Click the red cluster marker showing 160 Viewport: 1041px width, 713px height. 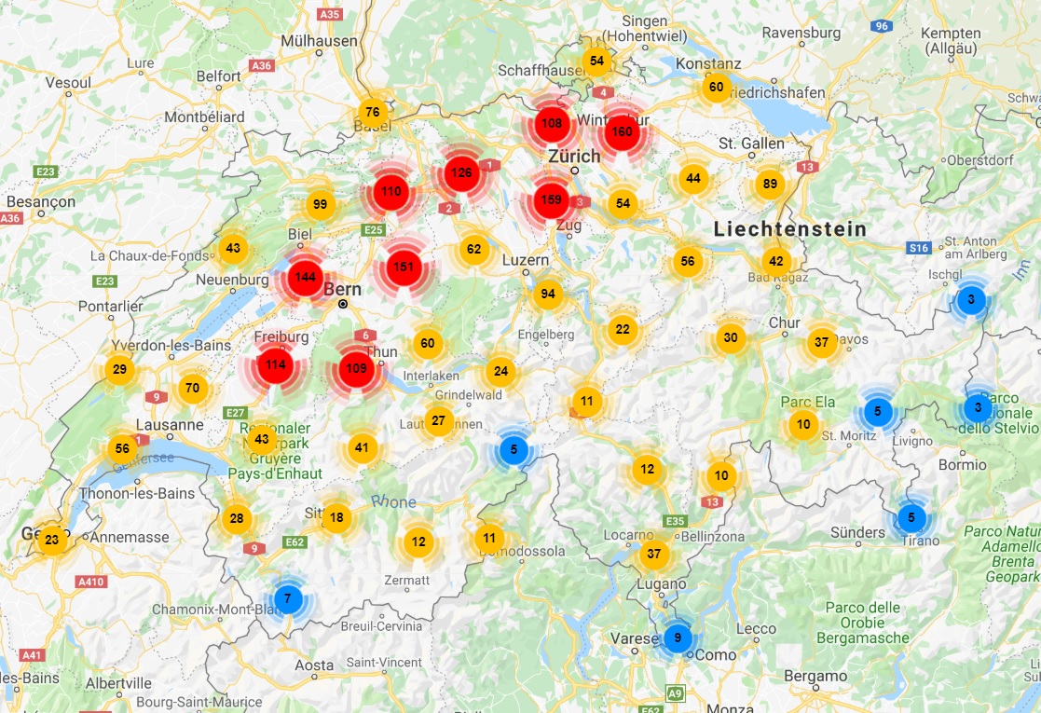(x=621, y=131)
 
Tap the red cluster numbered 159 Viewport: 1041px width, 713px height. (x=551, y=199)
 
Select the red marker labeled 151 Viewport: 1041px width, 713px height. (x=404, y=267)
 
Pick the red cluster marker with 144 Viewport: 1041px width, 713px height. (x=305, y=277)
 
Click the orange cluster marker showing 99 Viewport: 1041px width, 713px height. (x=320, y=205)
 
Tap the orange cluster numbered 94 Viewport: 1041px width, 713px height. (x=548, y=295)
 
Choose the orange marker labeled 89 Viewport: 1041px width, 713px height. (x=769, y=184)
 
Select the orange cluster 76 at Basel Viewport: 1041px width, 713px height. (x=372, y=113)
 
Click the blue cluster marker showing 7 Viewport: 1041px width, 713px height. (x=288, y=597)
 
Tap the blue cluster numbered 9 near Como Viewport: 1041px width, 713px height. (x=678, y=638)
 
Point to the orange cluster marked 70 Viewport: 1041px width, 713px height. (x=192, y=388)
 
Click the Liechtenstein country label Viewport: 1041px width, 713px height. (x=790, y=229)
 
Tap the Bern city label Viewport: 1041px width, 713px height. (x=341, y=290)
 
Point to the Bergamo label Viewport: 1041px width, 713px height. (x=815, y=676)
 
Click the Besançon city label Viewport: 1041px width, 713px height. (x=40, y=201)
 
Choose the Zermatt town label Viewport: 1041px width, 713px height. (x=405, y=580)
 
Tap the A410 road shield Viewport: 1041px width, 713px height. (x=90, y=582)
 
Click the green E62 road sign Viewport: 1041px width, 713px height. (x=295, y=542)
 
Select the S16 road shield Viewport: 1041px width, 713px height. (x=919, y=248)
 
